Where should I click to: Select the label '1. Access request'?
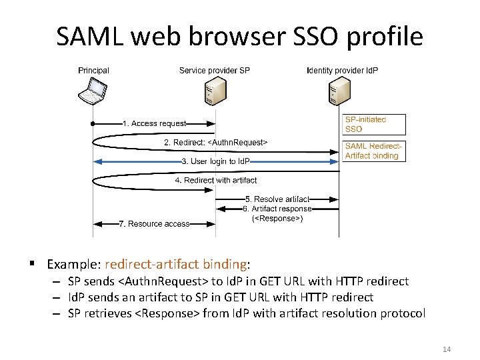tap(154, 123)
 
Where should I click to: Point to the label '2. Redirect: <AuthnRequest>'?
tap(215, 142)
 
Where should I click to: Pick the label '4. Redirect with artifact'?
tap(215, 180)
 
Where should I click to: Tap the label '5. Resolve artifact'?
tap(277, 199)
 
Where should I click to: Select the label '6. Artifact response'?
tap(277, 209)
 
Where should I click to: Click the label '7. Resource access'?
tap(154, 224)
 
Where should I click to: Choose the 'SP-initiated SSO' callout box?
tap(364, 124)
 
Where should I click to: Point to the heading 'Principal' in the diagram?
tap(93, 70)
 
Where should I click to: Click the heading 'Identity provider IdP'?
tap(342, 70)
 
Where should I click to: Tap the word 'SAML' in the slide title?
tap(89, 37)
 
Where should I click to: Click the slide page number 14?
tap(446, 349)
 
